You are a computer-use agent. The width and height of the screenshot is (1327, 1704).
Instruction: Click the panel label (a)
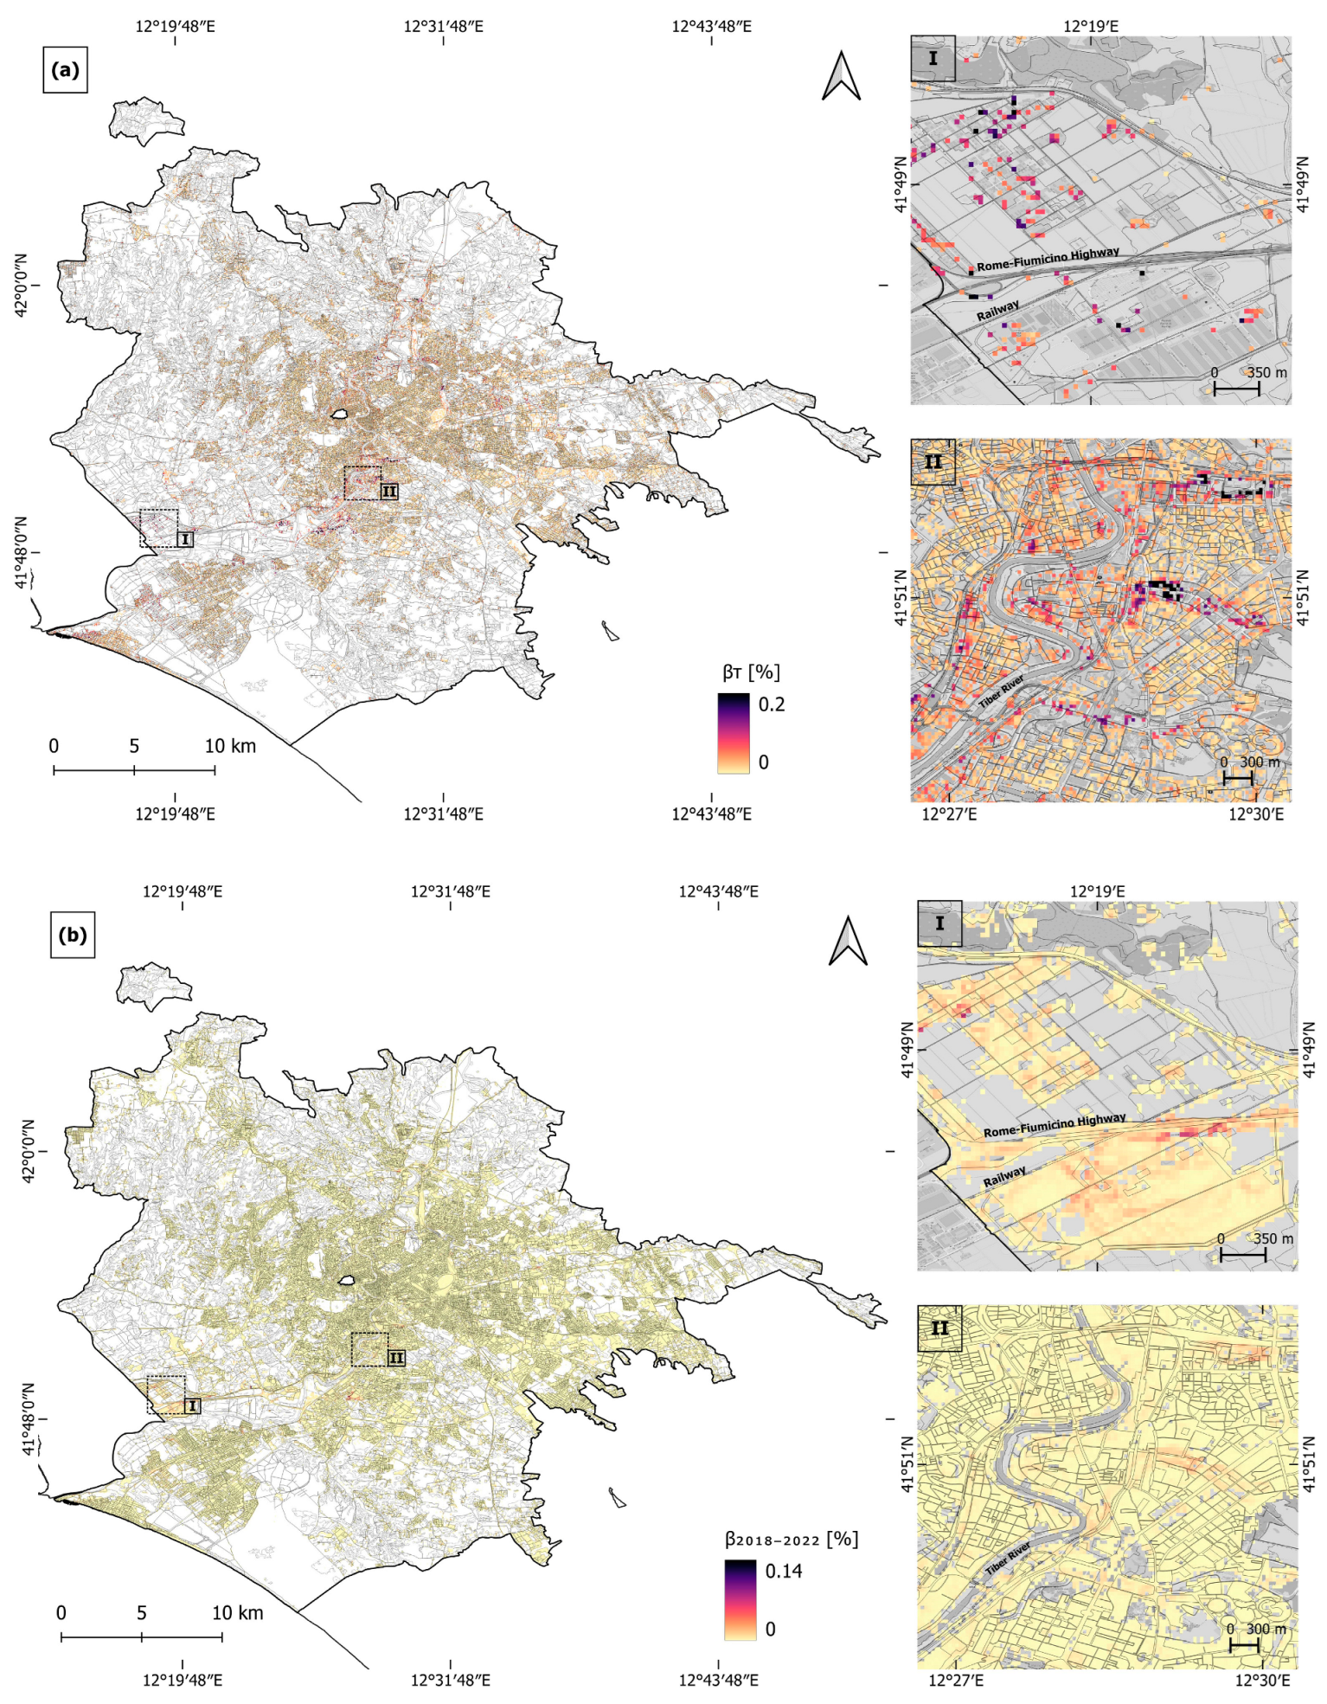65,70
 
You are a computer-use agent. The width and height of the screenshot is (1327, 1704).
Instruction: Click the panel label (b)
72,936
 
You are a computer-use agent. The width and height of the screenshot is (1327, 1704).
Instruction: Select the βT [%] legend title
751,672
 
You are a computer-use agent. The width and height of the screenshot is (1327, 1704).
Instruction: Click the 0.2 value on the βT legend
772,704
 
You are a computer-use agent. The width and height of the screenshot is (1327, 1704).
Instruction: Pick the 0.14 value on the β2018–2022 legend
783,1571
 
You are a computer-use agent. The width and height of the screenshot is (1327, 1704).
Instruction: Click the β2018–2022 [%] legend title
791,1539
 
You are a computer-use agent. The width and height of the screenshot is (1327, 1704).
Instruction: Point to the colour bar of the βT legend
733,733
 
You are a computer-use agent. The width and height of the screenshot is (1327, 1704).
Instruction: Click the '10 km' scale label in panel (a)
230,746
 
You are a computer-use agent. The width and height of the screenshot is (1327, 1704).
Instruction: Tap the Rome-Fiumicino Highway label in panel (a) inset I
1048,259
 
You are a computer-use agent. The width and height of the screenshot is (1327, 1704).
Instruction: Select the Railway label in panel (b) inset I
1004,1176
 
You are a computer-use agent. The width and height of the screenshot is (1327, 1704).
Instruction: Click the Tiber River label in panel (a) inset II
1002,691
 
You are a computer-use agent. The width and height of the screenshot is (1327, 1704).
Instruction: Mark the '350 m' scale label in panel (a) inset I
1266,373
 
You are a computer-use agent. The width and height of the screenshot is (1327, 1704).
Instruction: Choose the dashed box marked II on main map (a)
362,483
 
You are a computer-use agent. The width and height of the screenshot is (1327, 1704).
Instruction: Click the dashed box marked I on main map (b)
165,1394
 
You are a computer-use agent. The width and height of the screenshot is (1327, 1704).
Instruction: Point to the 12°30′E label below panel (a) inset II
1256,814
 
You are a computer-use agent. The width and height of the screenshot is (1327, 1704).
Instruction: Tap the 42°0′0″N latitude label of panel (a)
21,285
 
